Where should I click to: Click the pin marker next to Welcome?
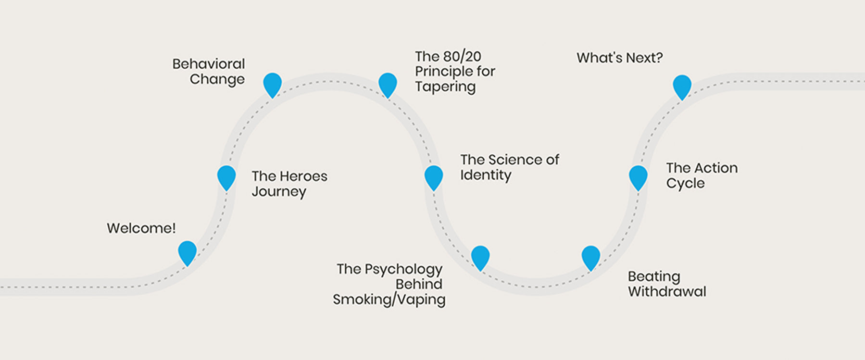pyautogui.click(x=188, y=251)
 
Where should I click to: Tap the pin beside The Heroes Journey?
pyautogui.click(x=226, y=176)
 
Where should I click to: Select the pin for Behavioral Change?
pyautogui.click(x=272, y=84)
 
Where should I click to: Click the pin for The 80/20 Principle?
pyautogui.click(x=388, y=84)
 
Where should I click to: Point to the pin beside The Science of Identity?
pyautogui.click(x=434, y=176)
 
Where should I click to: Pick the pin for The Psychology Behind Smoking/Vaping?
pyautogui.click(x=480, y=256)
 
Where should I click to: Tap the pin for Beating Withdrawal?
pyautogui.click(x=591, y=256)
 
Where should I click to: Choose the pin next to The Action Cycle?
pyautogui.click(x=638, y=176)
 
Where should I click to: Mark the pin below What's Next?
pyautogui.click(x=682, y=86)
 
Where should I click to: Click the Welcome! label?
pyautogui.click(x=141, y=228)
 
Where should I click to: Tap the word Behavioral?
pyautogui.click(x=209, y=64)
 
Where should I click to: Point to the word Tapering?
pyautogui.click(x=445, y=87)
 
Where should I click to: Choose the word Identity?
pyautogui.click(x=486, y=175)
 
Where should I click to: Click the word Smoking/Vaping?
pyautogui.click(x=389, y=300)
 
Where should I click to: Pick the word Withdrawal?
pyautogui.click(x=667, y=292)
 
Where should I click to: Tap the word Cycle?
pyautogui.click(x=685, y=184)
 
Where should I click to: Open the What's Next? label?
pyautogui.click(x=619, y=58)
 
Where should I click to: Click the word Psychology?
pyautogui.click(x=403, y=270)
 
